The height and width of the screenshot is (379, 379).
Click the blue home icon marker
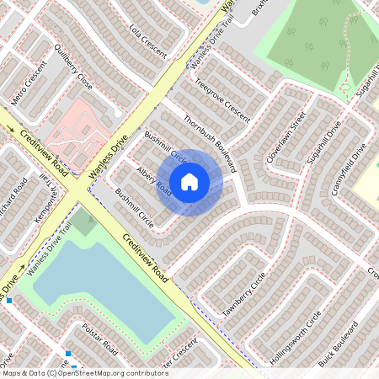(x=189, y=182)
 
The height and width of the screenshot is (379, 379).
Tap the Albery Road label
(x=153, y=182)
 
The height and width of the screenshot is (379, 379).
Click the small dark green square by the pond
(x=83, y=223)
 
